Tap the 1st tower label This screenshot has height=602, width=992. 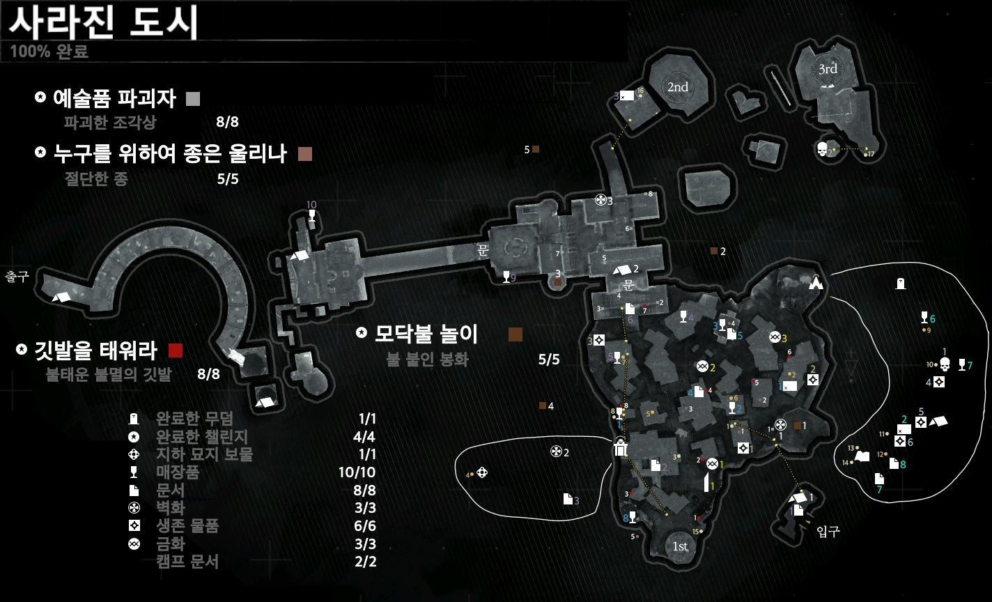point(680,547)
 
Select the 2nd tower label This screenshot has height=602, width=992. point(677,87)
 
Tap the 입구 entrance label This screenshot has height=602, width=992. point(828,532)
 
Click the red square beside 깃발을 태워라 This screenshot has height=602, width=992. point(176,350)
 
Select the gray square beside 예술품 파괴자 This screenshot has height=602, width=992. point(194,99)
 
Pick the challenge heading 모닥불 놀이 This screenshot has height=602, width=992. point(426,334)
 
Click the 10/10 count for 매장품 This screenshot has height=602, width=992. point(366,473)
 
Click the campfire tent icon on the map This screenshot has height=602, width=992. point(816,283)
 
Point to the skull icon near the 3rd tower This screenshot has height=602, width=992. point(822,149)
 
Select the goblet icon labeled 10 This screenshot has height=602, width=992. point(311,216)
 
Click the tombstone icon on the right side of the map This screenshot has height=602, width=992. point(901,283)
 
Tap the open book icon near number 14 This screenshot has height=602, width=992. point(862,456)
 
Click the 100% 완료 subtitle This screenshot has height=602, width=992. point(49,52)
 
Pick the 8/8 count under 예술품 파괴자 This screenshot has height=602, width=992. point(227,123)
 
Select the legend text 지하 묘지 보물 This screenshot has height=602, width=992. point(204,455)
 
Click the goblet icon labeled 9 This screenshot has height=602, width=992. point(506,277)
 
